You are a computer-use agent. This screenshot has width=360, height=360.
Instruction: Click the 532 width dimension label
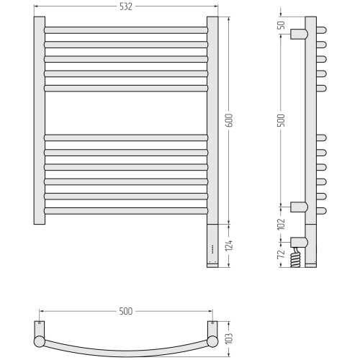pyautogui.click(x=126, y=6)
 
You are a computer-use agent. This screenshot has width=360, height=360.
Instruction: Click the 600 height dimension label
pyautogui.click(x=230, y=120)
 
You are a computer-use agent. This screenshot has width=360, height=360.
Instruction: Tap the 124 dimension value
pyautogui.click(x=229, y=246)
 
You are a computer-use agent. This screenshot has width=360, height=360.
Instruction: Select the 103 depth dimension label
pyautogui.click(x=230, y=338)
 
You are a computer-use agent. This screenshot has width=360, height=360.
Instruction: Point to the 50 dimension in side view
pyautogui.click(x=282, y=25)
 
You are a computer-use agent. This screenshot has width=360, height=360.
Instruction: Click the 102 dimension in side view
pyautogui.click(x=282, y=224)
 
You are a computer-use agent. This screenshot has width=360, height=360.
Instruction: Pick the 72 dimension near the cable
pyautogui.click(x=282, y=254)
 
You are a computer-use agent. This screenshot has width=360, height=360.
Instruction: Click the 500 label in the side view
pyautogui.click(x=282, y=120)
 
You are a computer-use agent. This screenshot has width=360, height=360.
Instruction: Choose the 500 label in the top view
pyautogui.click(x=126, y=311)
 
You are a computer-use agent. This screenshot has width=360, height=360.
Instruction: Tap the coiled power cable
pyautogui.click(x=295, y=257)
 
